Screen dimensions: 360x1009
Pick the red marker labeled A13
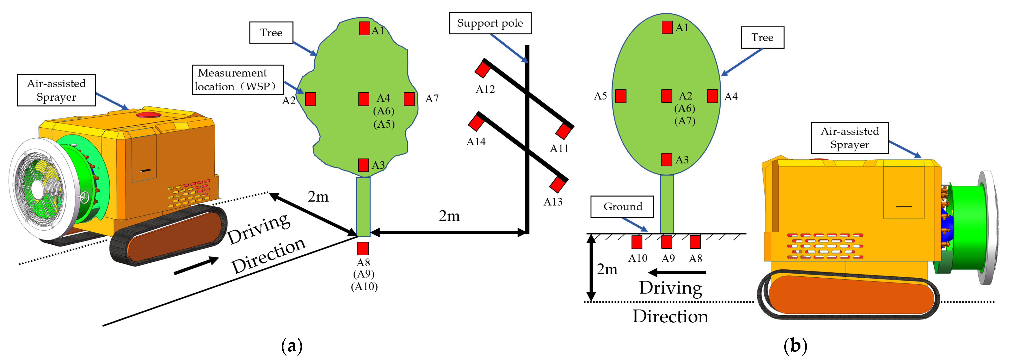pyautogui.click(x=557, y=184)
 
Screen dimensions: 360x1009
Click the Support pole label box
pyautogui.click(x=490, y=23)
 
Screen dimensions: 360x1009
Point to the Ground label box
pyautogui.click(x=622, y=206)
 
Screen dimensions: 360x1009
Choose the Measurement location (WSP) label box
pyautogui.click(x=238, y=80)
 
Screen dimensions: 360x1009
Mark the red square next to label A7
pyautogui.click(x=409, y=99)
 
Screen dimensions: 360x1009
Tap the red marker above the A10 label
pyautogui.click(x=637, y=242)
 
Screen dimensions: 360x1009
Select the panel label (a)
pyautogui.click(x=292, y=346)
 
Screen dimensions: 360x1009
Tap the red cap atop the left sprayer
pyautogui.click(x=148, y=115)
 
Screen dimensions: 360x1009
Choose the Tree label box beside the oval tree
pyautogui.click(x=762, y=38)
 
